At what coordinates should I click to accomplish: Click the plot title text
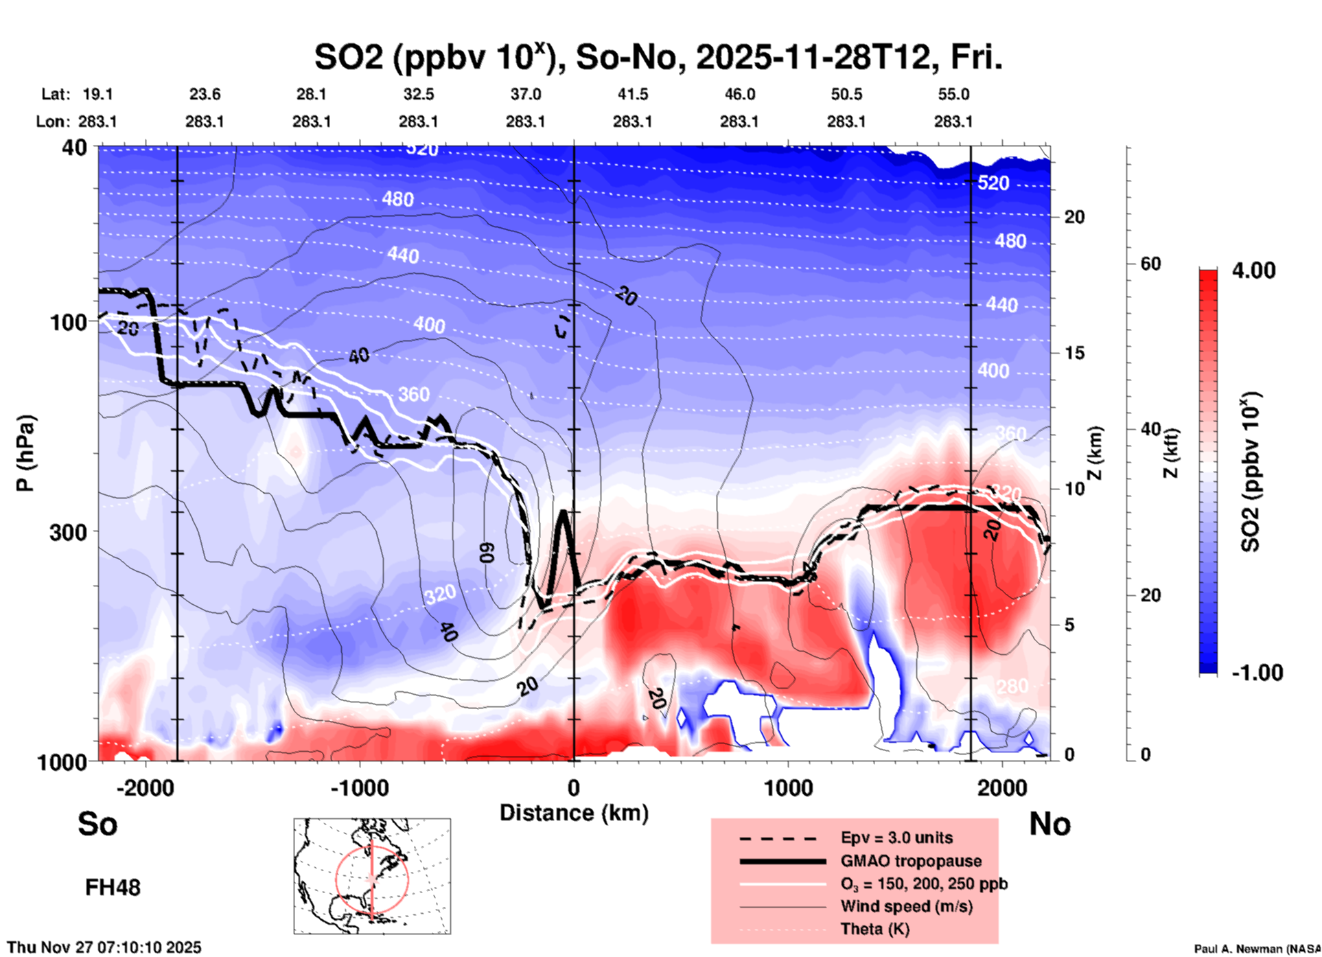click(658, 58)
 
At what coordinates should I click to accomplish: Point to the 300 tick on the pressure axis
click(68, 532)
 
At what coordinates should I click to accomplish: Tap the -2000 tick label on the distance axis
click(145, 788)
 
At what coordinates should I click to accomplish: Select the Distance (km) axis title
click(574, 813)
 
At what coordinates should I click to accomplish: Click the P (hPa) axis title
click(25, 453)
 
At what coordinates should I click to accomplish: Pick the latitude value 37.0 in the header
click(525, 94)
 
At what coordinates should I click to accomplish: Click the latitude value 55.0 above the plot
click(953, 94)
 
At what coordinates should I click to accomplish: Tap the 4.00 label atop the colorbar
click(1253, 270)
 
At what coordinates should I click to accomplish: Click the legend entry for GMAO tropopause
click(911, 861)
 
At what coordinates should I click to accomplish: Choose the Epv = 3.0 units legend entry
click(896, 838)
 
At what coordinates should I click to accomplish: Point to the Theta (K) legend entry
click(874, 929)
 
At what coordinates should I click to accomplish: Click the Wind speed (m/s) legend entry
click(906, 906)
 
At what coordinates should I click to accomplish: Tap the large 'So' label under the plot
click(97, 824)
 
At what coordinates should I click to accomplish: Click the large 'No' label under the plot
click(1050, 824)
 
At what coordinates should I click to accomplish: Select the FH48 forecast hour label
click(113, 888)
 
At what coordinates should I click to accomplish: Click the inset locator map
click(372, 876)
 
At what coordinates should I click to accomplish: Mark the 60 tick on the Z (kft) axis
click(1150, 264)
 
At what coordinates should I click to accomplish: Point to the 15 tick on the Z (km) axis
click(1074, 353)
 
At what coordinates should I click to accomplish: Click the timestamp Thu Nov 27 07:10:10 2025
click(104, 947)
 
